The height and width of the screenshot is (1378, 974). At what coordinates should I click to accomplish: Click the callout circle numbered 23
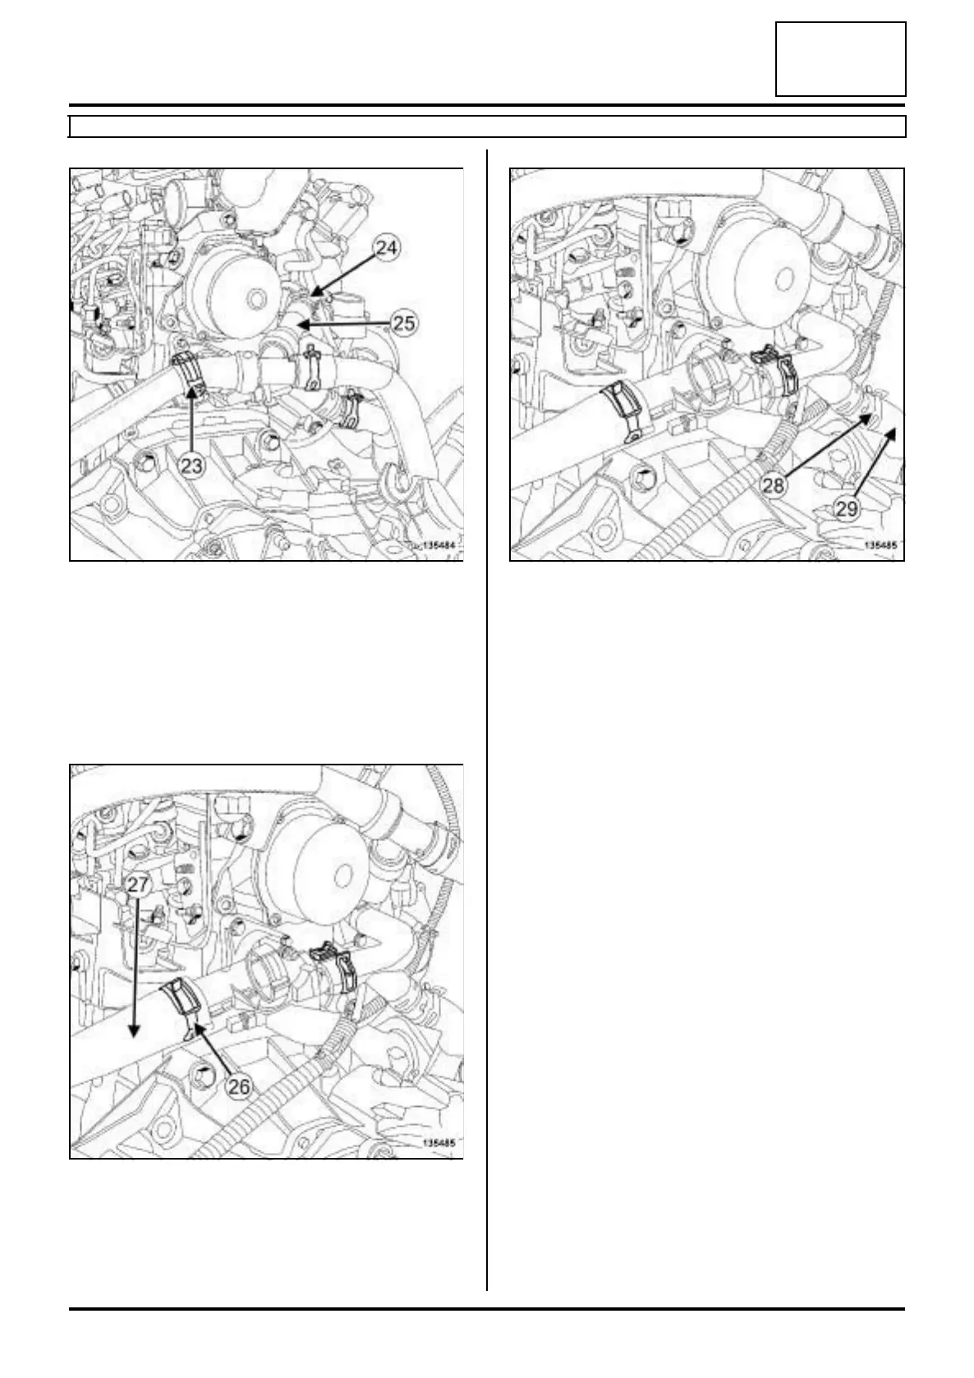point(191,465)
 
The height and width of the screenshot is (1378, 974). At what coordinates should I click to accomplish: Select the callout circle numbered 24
point(387,248)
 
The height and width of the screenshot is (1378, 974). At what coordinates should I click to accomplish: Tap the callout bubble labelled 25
point(403,323)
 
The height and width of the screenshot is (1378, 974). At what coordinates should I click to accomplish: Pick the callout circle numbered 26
point(239,1087)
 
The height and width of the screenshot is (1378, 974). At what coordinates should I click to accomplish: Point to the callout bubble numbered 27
point(137,884)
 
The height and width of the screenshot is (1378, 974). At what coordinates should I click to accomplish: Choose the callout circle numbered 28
point(774,485)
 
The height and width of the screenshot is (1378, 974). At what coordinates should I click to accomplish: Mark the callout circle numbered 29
point(846,509)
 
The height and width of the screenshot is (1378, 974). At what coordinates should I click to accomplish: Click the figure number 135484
point(438,545)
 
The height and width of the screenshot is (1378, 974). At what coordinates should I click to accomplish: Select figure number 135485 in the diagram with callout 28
point(880,545)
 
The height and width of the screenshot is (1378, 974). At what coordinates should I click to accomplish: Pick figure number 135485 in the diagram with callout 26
point(439,1143)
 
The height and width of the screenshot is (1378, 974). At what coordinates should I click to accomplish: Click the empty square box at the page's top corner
point(840,59)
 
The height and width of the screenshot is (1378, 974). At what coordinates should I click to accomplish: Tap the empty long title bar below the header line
point(487,126)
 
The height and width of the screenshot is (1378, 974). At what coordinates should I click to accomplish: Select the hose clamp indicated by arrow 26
point(186,1007)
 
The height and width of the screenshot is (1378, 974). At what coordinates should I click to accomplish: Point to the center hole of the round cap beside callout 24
point(254,300)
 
